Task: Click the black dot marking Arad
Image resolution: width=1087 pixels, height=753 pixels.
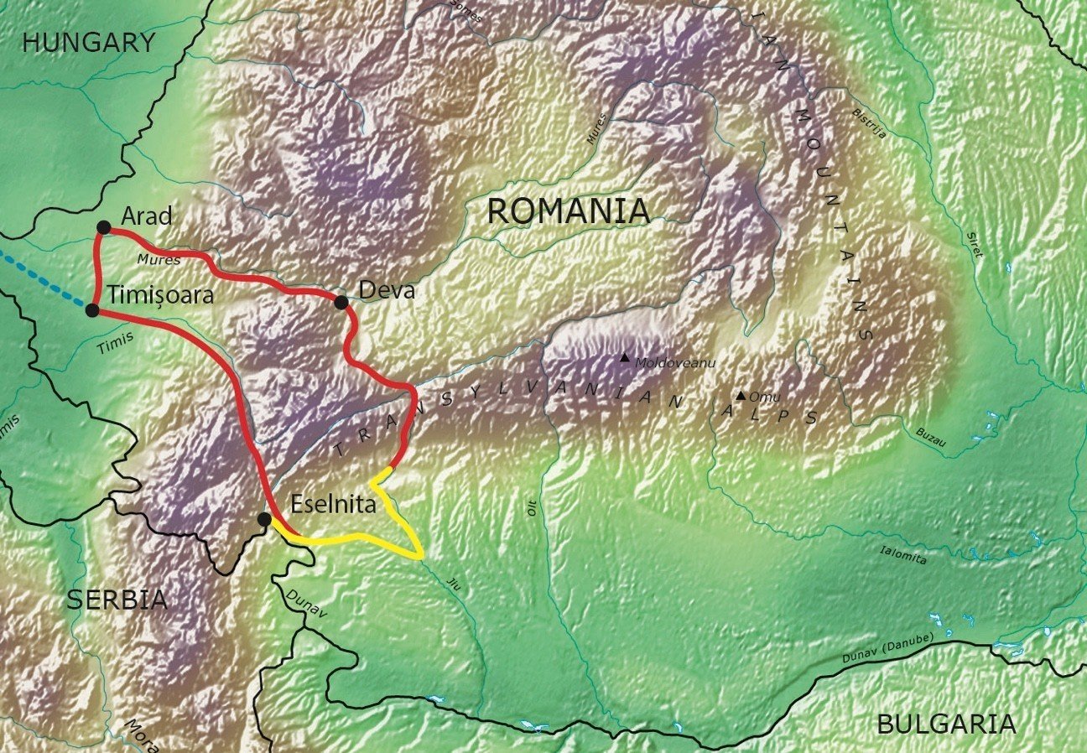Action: point(104,227)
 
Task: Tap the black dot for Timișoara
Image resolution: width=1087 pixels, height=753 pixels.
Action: point(93,310)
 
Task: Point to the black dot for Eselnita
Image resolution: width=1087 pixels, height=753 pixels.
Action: point(265,520)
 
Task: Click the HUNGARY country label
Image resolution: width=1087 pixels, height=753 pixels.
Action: point(89,43)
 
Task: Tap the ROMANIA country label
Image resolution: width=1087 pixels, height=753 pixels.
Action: point(569,211)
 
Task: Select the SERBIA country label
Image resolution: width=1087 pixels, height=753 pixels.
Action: point(117,600)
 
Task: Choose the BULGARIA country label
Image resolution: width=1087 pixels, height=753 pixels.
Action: point(946,723)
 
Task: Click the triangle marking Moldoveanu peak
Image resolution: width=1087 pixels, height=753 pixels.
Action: point(624,358)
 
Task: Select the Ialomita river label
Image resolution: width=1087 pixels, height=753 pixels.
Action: point(904,553)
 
